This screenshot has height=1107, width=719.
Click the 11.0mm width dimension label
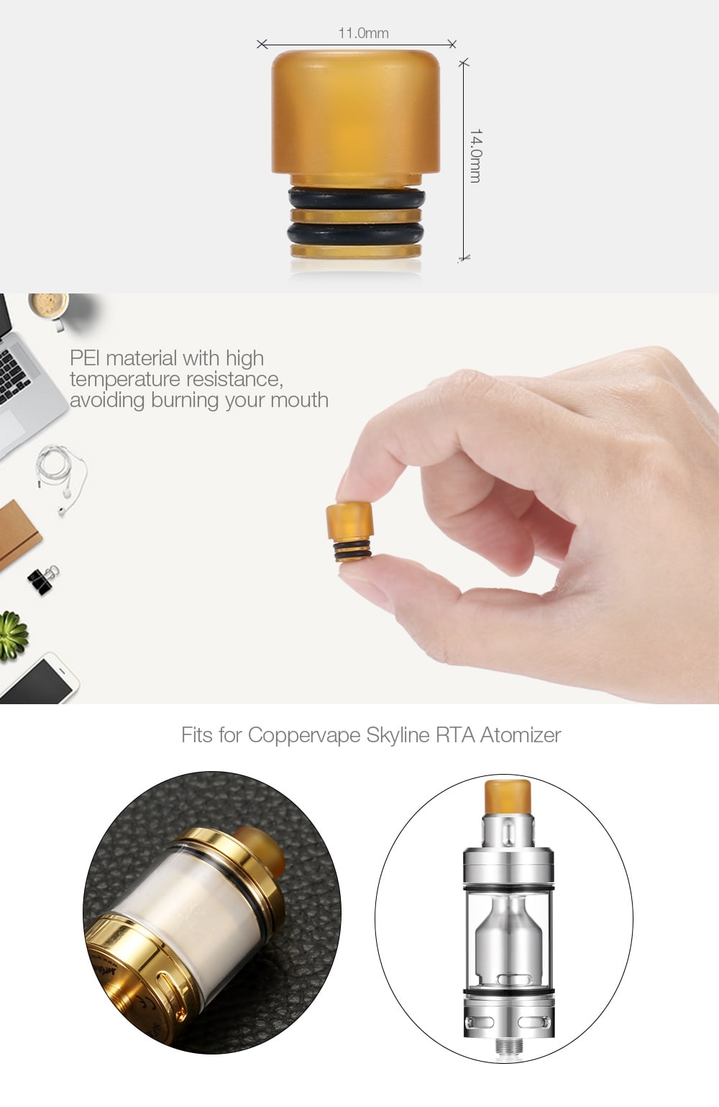(x=363, y=33)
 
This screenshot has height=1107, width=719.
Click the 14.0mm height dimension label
(x=475, y=155)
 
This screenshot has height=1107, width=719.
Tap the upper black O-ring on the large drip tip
(x=357, y=197)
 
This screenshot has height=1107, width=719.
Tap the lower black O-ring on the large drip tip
(x=356, y=233)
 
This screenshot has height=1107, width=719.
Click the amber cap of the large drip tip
(x=356, y=115)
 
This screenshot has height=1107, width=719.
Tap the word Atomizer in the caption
(x=520, y=735)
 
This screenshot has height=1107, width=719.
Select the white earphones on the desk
(x=61, y=475)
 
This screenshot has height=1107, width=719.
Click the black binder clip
(x=42, y=580)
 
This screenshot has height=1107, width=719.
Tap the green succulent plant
(x=12, y=634)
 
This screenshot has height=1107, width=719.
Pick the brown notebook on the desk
(x=16, y=532)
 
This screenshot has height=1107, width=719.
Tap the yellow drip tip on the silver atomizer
(x=507, y=797)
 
